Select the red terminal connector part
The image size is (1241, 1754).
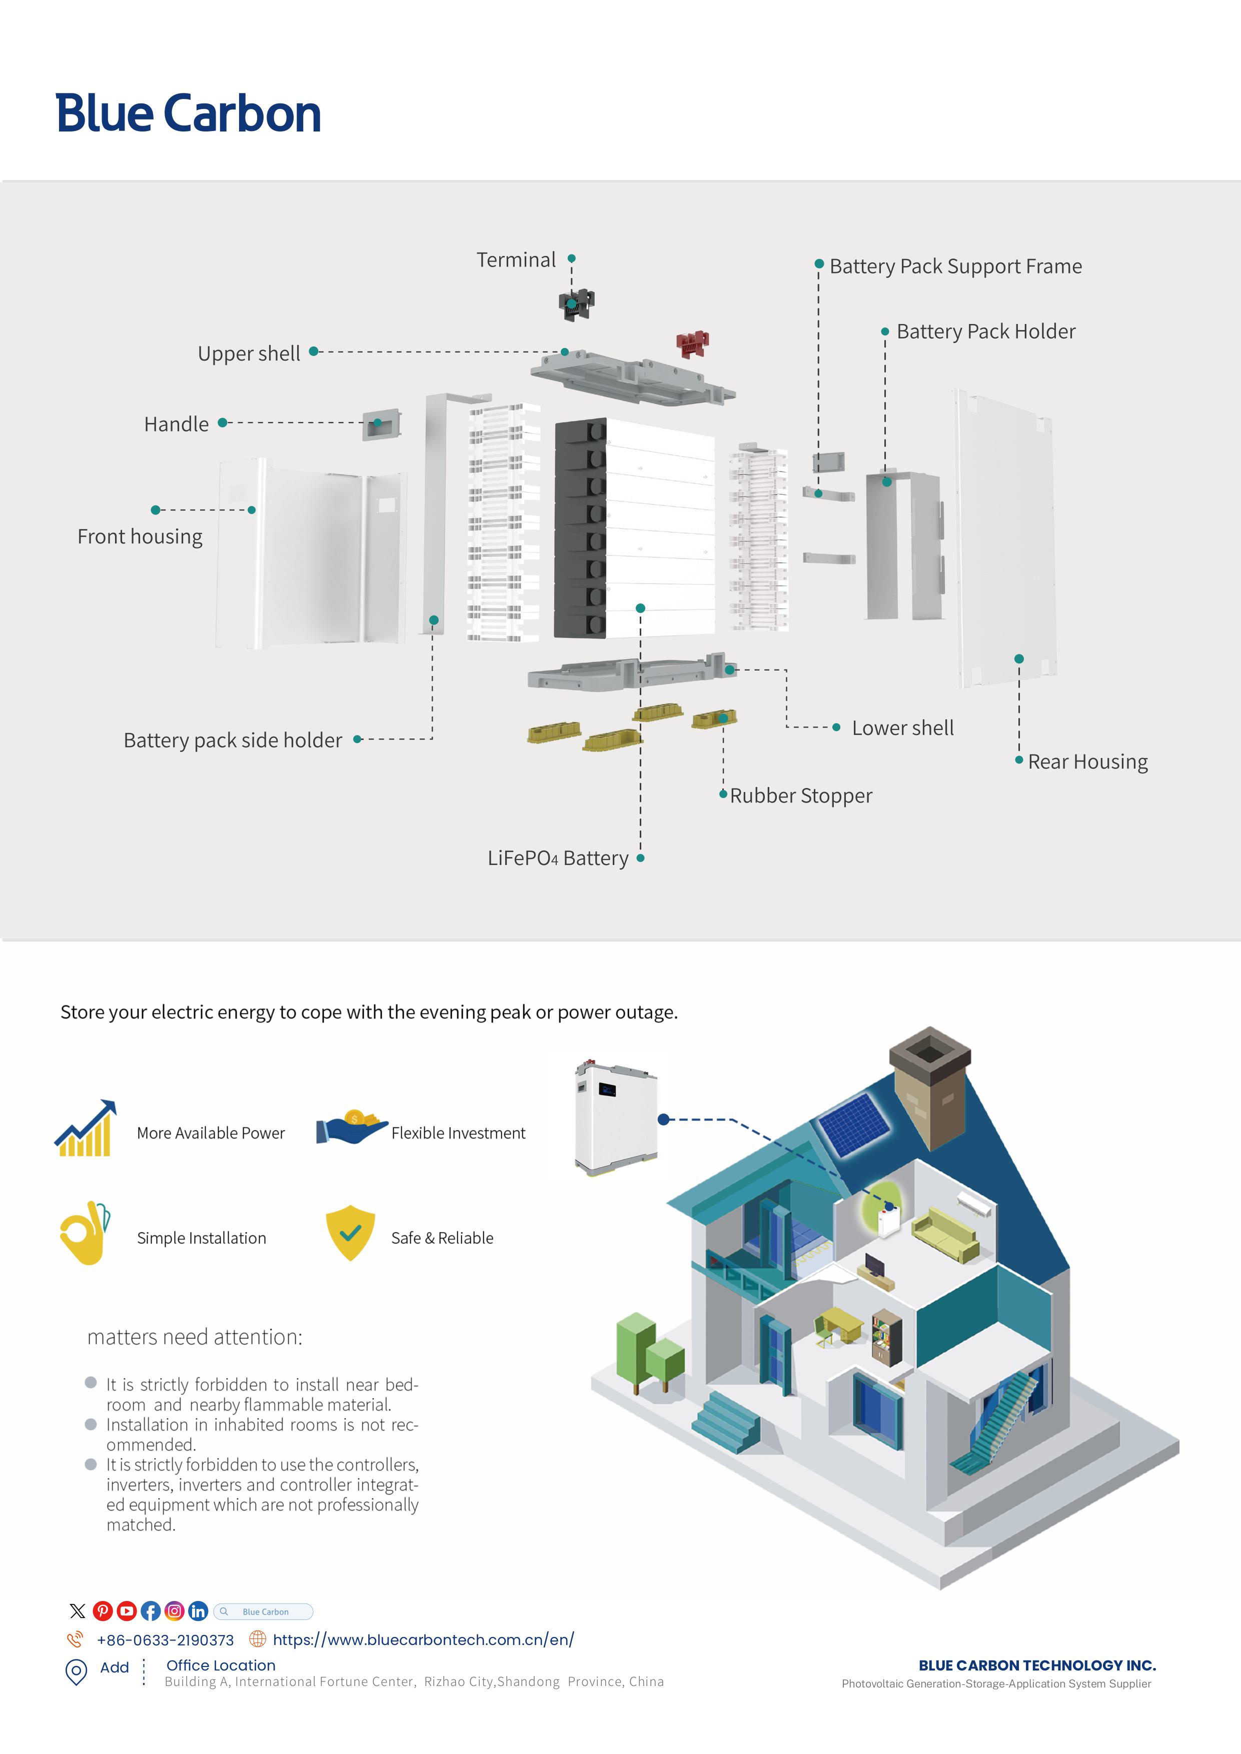pos(692,344)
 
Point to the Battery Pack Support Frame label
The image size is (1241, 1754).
pos(955,266)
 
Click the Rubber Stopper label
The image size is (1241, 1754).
pos(800,795)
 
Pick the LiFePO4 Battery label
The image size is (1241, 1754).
pos(558,858)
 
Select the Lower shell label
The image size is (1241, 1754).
pos(902,728)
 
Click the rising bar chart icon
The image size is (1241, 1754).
pos(86,1128)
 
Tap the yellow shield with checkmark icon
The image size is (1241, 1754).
pos(350,1232)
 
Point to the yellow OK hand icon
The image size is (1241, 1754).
pos(84,1232)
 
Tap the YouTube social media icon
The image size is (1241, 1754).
pos(127,1611)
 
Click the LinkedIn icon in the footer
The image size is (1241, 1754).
pos(198,1611)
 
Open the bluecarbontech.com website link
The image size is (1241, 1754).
pos(423,1639)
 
